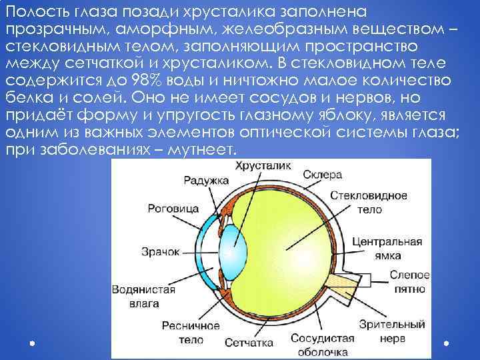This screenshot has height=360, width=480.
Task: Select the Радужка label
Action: click(206, 180)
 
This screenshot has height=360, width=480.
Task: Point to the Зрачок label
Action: click(161, 251)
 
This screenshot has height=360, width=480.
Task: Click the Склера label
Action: click(322, 175)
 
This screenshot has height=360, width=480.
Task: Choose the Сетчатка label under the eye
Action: click(249, 343)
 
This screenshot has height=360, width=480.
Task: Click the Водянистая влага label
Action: click(144, 297)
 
